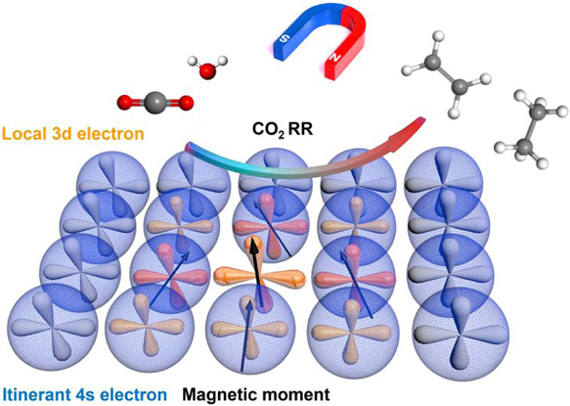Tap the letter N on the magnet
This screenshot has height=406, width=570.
(x=335, y=57)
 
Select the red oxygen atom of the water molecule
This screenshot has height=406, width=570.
(x=208, y=70)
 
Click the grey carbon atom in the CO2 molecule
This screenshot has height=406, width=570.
(x=154, y=102)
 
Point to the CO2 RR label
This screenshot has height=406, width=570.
(x=283, y=129)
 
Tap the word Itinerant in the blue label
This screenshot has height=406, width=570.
(x=34, y=394)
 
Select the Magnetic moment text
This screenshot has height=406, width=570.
(x=256, y=394)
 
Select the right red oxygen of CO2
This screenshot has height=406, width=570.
(x=185, y=103)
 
